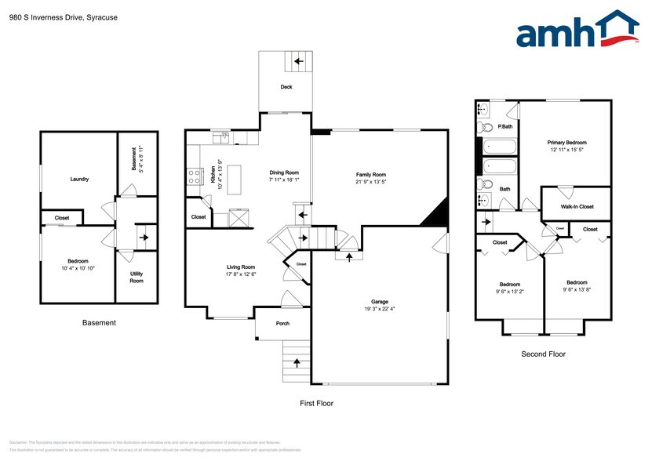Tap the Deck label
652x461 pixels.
click(x=286, y=87)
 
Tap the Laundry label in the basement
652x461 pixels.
click(x=79, y=179)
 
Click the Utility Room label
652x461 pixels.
click(x=137, y=278)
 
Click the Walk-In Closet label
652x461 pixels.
click(x=577, y=206)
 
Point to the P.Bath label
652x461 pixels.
click(x=505, y=126)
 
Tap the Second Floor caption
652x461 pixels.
click(x=543, y=354)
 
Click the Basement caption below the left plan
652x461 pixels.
click(x=99, y=322)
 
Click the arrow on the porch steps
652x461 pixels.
click(x=297, y=362)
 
